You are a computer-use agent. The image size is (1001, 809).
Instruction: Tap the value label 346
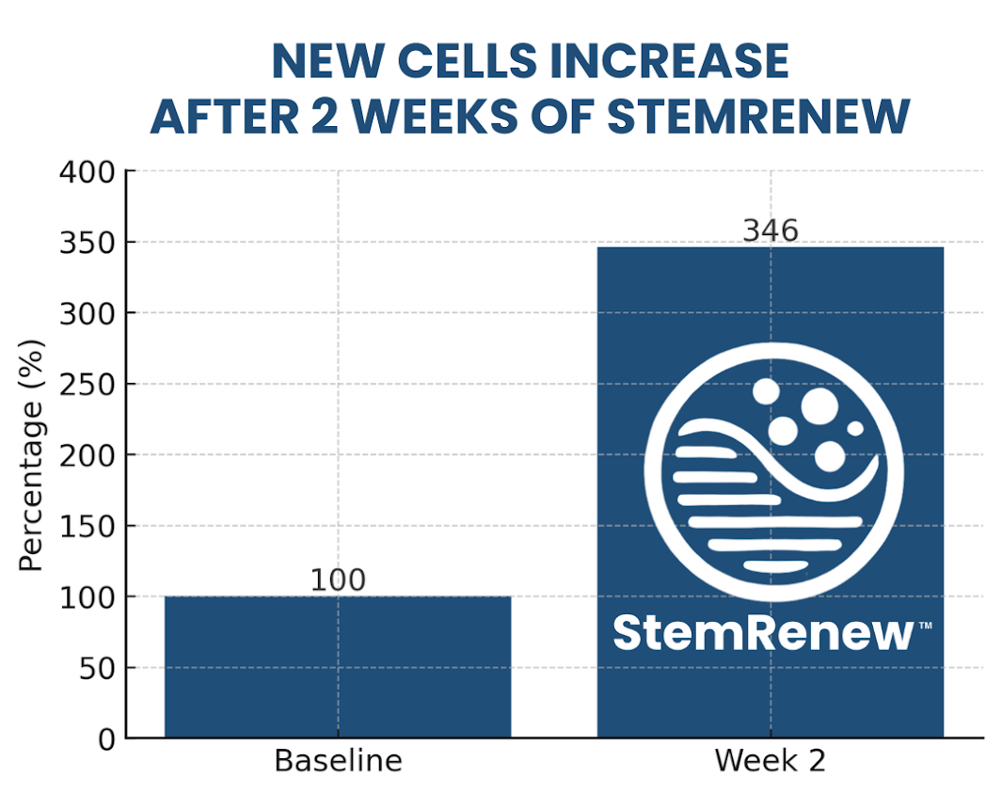point(770,230)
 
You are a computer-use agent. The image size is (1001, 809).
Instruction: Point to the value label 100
point(337,580)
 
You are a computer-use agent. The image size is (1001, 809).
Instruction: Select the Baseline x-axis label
point(337,760)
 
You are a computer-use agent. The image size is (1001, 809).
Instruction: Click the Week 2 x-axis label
point(770,760)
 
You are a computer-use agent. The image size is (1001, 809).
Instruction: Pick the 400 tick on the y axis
point(87,172)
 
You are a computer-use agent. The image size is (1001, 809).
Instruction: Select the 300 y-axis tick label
point(87,313)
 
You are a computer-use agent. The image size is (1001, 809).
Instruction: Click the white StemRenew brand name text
point(763,633)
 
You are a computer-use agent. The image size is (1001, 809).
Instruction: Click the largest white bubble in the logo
point(819,406)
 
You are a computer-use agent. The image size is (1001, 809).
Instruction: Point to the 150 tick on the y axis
point(87,527)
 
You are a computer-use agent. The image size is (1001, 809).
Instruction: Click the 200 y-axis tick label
point(87,455)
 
